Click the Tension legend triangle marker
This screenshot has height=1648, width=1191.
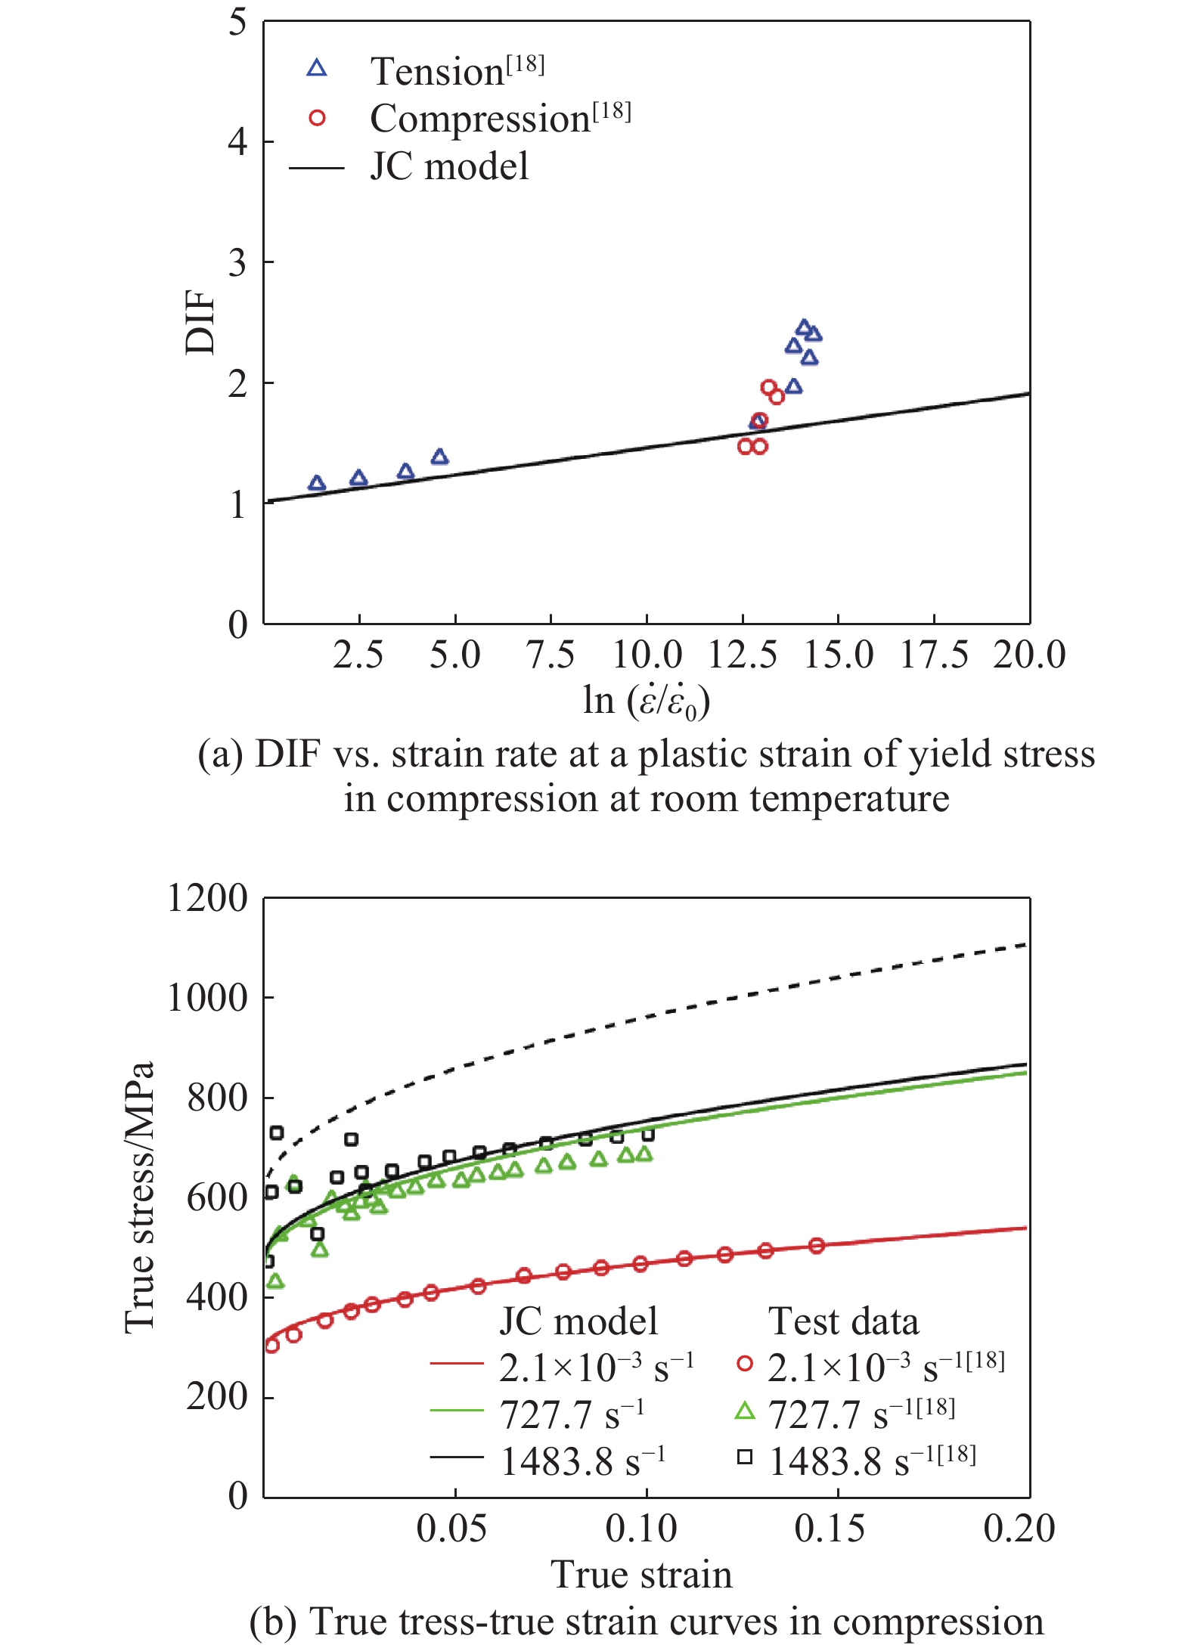point(317,69)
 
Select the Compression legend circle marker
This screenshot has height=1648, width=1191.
point(317,118)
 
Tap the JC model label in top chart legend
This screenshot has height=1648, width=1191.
point(449,166)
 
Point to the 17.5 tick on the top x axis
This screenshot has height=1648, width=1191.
point(933,655)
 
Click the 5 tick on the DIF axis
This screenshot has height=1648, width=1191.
point(238,23)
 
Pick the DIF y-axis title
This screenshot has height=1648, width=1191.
point(200,323)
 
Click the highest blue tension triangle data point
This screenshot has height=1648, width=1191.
point(804,327)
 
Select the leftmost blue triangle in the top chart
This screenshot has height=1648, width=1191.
point(317,483)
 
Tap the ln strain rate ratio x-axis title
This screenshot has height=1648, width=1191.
point(646,701)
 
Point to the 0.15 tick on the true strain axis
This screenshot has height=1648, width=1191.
point(830,1528)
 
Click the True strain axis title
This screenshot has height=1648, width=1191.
point(641,1575)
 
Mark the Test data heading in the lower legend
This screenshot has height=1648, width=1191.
point(843,1321)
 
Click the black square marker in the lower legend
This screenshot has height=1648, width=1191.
point(745,1457)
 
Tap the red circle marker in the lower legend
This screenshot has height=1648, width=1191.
point(745,1364)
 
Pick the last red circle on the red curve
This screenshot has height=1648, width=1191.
point(816,1246)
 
